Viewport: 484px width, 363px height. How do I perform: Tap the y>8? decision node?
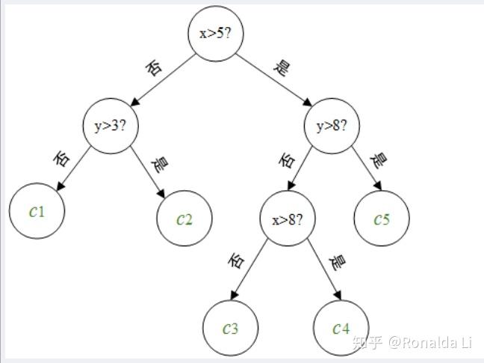click(x=332, y=126)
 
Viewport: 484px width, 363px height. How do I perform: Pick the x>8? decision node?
click(x=288, y=219)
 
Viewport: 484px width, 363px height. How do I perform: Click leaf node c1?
click(x=37, y=211)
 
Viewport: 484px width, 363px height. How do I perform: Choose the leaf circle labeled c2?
click(x=184, y=219)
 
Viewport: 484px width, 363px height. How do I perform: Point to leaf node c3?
click(x=231, y=328)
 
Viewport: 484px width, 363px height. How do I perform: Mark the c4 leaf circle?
click(x=341, y=328)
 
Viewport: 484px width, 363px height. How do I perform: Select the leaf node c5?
click(x=382, y=219)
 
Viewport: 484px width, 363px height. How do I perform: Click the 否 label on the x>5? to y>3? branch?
click(x=154, y=67)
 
